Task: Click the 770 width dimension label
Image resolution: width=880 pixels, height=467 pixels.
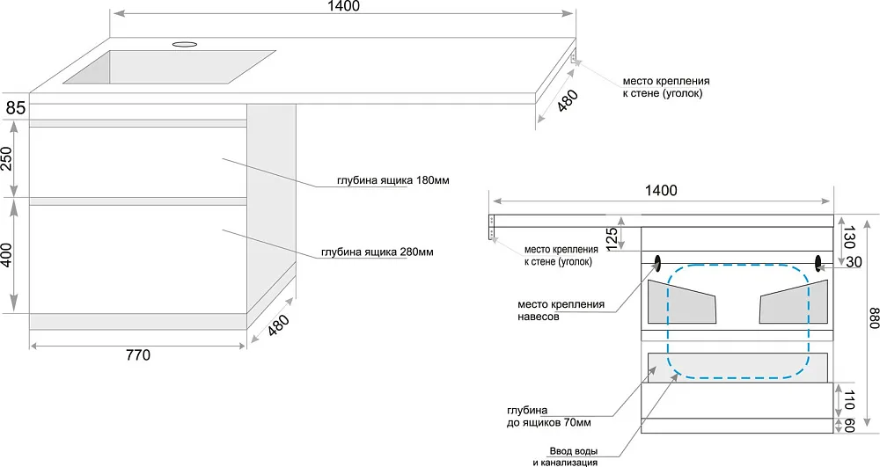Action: [x=139, y=355]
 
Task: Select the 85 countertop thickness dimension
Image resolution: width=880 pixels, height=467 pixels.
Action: [x=16, y=107]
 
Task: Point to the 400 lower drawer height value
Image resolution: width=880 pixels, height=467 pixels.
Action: [x=7, y=254]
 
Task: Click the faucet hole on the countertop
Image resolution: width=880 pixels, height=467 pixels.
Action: [x=185, y=43]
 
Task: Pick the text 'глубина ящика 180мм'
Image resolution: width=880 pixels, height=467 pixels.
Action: [x=393, y=180]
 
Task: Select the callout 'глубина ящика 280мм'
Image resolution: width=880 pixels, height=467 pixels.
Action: [x=378, y=252]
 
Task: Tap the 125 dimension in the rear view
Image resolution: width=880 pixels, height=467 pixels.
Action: [x=612, y=237]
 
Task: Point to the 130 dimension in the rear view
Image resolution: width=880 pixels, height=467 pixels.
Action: [x=848, y=237]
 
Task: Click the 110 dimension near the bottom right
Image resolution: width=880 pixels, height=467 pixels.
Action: [x=848, y=401]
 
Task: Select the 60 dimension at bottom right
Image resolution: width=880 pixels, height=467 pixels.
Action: [x=848, y=426]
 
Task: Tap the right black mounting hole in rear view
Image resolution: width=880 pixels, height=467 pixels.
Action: [x=818, y=261]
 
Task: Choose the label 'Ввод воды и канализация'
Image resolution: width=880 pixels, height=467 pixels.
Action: [x=565, y=457]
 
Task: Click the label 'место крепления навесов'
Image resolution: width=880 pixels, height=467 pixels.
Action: [x=561, y=310]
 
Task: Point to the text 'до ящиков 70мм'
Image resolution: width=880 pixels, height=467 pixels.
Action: [x=548, y=423]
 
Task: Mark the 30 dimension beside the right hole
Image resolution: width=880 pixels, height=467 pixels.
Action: [x=854, y=262]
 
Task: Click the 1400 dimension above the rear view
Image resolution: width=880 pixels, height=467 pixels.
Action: [x=661, y=191]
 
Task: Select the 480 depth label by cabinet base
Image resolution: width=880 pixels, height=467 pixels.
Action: [x=279, y=325]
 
